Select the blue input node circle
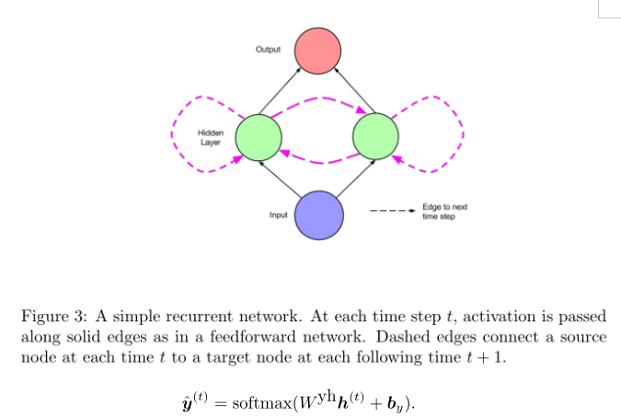click(319, 214)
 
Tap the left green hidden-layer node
click(259, 137)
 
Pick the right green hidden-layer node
click(376, 136)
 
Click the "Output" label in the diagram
click(269, 49)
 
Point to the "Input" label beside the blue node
click(279, 215)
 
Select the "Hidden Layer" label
click(211, 138)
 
